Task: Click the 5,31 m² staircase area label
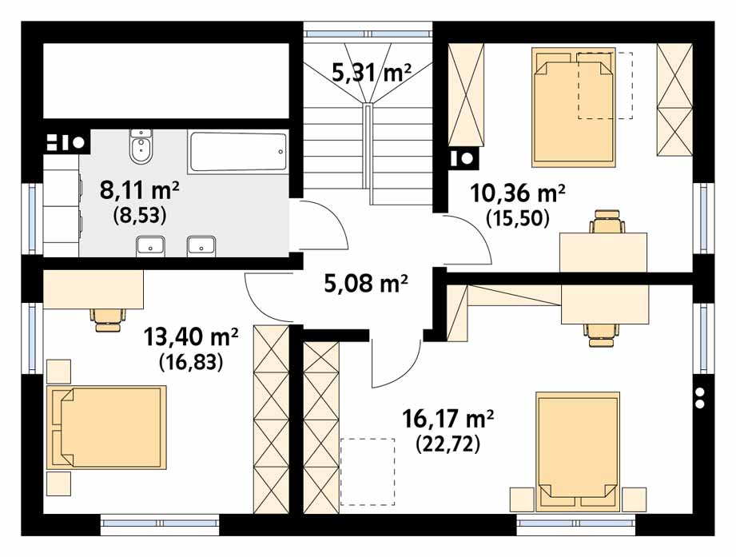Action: point(372,73)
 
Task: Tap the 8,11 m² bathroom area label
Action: point(139,190)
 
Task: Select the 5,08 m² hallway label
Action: point(366,283)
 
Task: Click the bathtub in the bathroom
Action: point(237,152)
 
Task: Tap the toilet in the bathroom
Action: point(141,146)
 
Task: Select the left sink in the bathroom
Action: point(150,246)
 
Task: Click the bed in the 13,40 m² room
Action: point(106,428)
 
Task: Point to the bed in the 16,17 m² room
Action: point(578,452)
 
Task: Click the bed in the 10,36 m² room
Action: point(573,107)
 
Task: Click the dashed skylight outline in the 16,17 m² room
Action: point(368,471)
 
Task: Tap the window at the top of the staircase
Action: point(368,34)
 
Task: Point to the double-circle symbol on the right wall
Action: point(700,397)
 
